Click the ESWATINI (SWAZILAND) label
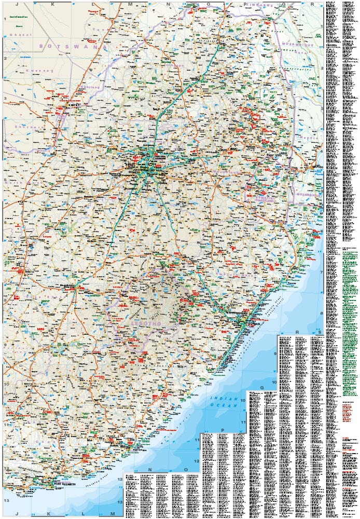click(x=261, y=198)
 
